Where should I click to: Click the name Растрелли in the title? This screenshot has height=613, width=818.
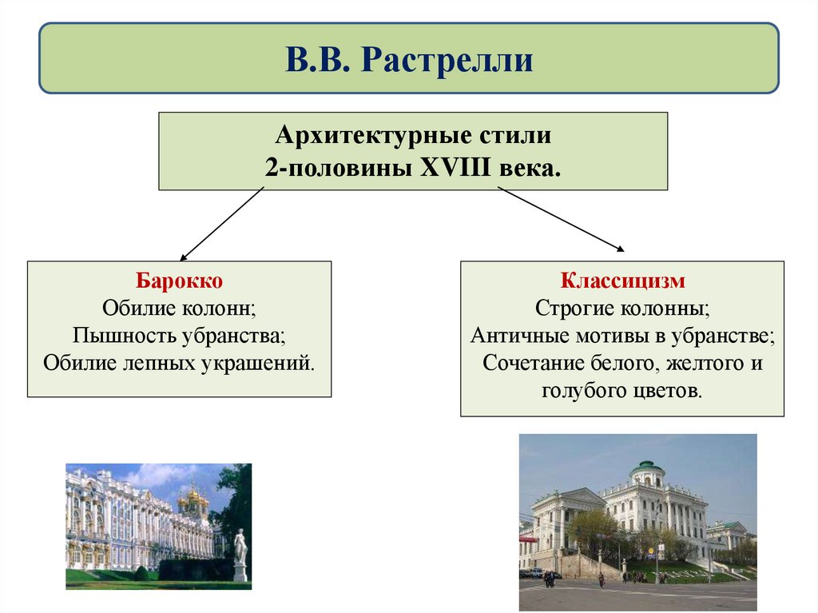click(447, 60)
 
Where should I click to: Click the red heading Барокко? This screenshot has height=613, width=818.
click(179, 281)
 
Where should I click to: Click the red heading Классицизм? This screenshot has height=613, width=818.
click(622, 281)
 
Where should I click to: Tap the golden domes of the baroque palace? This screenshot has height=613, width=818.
click(193, 500)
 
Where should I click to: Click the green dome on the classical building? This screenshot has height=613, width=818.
click(646, 466)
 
